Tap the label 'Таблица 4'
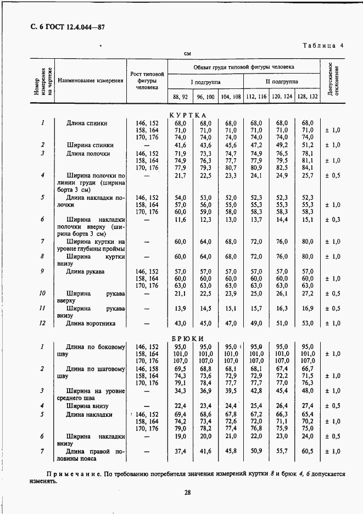point(323,46)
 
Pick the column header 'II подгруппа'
point(282,81)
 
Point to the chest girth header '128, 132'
point(308,96)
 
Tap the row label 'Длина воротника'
point(91,323)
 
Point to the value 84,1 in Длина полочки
point(308,167)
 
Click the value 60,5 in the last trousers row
point(308,451)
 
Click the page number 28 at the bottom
point(187,493)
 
